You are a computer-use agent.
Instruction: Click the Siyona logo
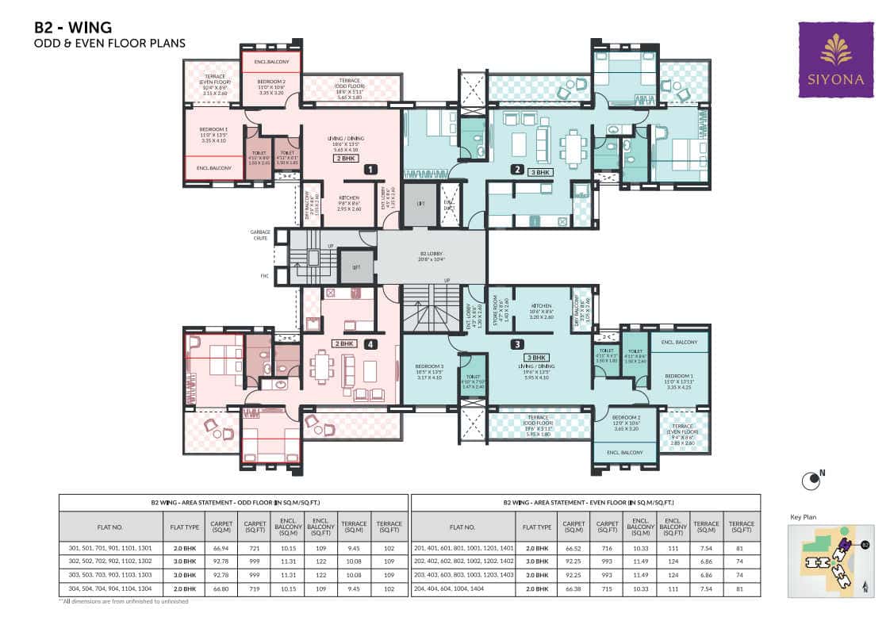click(835, 59)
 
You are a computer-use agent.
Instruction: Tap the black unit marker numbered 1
click(369, 169)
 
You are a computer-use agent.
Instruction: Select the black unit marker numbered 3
click(516, 344)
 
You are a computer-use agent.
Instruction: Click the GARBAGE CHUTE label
click(261, 235)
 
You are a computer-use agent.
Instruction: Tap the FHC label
click(265, 276)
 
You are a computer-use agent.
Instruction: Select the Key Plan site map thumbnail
click(831, 560)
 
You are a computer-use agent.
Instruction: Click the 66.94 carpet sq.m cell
click(221, 548)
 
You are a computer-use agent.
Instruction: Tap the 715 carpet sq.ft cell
click(607, 589)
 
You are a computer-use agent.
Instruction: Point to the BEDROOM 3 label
click(430, 370)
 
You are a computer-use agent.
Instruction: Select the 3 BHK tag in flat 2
click(540, 171)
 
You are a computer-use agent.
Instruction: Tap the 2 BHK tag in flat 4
click(343, 344)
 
